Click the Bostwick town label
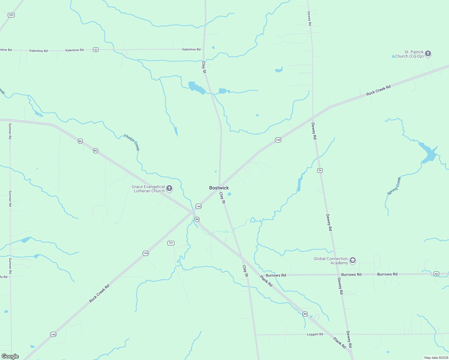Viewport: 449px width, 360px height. point(219,188)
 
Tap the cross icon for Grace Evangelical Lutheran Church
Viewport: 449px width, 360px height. point(169,188)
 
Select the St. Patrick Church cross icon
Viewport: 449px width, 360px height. point(428,54)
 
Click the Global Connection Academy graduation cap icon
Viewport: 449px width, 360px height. point(353,260)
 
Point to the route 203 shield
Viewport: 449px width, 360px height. point(11,15)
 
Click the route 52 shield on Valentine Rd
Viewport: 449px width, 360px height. point(95,49)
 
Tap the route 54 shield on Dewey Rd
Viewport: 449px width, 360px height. point(320,170)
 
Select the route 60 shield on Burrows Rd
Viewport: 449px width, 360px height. point(436,274)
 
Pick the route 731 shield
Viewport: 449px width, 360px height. point(171,243)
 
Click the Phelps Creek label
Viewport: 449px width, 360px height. point(132,142)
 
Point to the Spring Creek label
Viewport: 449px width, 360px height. point(394,186)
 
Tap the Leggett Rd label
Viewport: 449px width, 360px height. point(315,334)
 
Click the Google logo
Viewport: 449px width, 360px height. point(10,356)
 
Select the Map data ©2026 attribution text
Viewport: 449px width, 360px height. point(436,358)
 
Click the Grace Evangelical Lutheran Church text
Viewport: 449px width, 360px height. point(148,189)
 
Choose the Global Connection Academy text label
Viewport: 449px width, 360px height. point(330,261)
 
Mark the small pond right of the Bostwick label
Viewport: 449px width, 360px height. point(229,194)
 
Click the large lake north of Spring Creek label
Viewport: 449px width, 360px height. point(429,153)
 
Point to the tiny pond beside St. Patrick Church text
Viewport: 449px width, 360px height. point(393,56)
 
